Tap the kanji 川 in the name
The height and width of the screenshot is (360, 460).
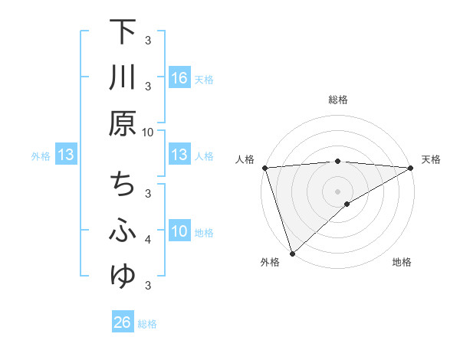tap(123, 79)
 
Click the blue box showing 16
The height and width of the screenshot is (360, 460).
tap(179, 78)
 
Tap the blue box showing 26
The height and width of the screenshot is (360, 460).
tap(123, 322)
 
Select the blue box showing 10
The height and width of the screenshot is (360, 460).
tap(179, 231)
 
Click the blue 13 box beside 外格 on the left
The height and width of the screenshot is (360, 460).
tap(65, 155)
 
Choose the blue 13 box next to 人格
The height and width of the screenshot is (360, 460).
tap(179, 155)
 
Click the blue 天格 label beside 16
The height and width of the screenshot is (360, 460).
tap(204, 79)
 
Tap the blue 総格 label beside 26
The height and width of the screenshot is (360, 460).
tap(147, 323)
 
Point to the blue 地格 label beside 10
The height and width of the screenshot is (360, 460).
tap(204, 232)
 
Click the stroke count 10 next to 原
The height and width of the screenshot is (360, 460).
tap(147, 132)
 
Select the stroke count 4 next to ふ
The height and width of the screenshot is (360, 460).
tap(148, 240)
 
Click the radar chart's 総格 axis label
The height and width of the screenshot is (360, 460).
tap(337, 100)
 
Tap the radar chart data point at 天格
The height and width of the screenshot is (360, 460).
tap(411, 168)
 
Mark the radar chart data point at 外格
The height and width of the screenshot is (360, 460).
tap(292, 253)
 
